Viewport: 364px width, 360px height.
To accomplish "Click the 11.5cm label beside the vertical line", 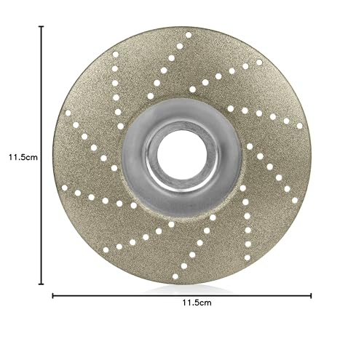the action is click(x=23, y=157).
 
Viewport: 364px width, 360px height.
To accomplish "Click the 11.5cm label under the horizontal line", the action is click(x=197, y=303).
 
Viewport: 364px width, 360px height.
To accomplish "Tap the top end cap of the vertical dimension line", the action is click(x=41, y=26).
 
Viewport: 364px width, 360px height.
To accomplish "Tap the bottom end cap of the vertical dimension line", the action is click(x=41, y=284).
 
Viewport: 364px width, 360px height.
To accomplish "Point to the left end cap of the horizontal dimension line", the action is click(x=53, y=295).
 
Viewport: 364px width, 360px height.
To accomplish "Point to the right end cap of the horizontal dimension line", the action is click(x=311, y=295).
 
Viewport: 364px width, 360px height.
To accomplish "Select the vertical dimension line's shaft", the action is click(x=41, y=155).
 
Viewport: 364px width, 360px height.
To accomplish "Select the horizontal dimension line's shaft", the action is click(x=182, y=295).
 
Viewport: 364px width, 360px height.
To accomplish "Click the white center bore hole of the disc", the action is click(x=182, y=155).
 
